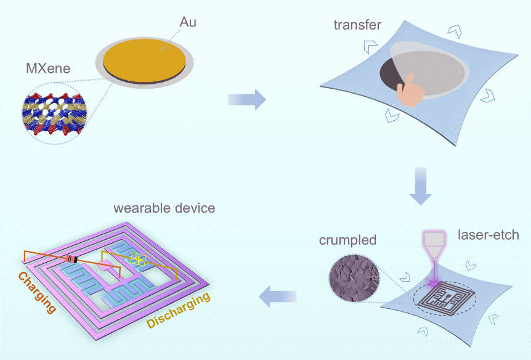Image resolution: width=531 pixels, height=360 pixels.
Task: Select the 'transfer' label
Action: [357, 25]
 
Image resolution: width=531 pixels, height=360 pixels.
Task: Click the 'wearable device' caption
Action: [164, 208]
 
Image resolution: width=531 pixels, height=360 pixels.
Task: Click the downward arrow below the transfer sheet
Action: [421, 185]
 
